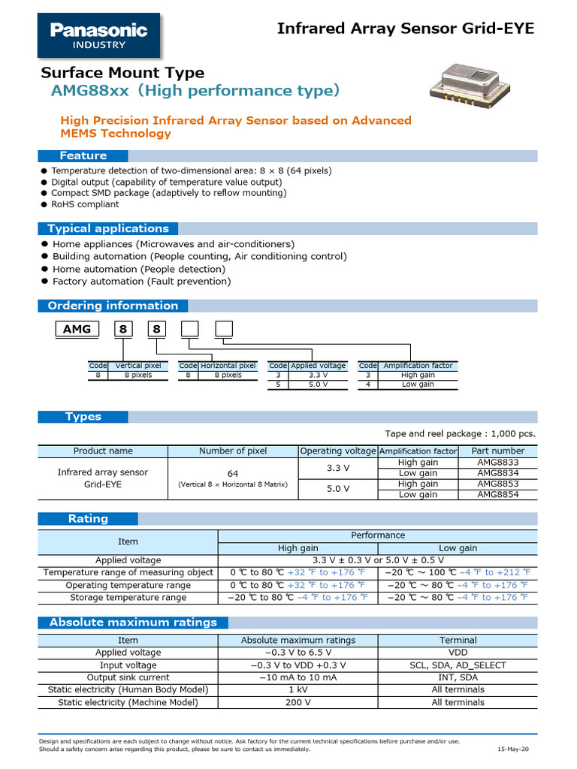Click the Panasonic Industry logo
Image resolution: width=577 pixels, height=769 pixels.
point(98,35)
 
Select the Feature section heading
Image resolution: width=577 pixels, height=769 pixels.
point(83,155)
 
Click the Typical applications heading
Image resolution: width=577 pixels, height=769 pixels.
point(108,228)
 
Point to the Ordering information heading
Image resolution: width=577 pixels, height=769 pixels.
point(113,306)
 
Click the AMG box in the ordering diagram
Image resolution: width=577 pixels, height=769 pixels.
point(77,329)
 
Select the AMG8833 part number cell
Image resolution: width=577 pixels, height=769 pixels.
point(497,463)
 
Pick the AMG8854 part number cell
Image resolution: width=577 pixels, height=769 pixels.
point(497,494)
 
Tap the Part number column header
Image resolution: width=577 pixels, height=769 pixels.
point(497,451)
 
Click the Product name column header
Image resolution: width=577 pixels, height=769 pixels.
point(103,451)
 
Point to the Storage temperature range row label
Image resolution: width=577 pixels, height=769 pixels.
point(128,597)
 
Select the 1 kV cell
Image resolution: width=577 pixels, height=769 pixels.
point(298,689)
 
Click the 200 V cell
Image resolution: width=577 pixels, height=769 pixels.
point(298,702)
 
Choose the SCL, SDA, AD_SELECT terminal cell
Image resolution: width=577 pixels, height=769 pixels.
point(458,665)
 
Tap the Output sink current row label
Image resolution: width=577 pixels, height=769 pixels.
point(128,677)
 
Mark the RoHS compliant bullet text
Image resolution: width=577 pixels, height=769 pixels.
point(85,204)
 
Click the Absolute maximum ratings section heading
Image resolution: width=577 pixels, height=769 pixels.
point(133,622)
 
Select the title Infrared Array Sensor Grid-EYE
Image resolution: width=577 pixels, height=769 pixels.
point(406,29)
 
